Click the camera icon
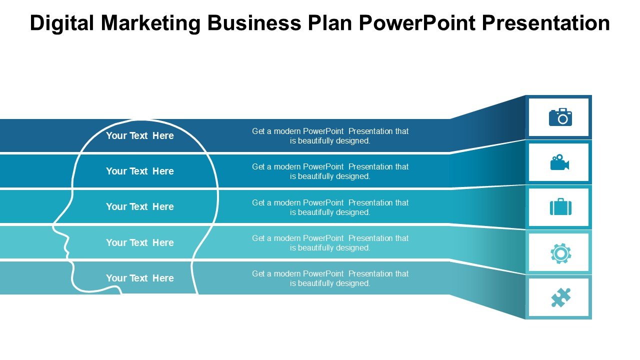coord(560,117)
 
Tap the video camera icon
coord(559,162)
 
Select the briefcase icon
coord(560,206)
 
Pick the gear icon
coord(560,253)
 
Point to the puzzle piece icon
coord(560,297)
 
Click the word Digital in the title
coord(61,23)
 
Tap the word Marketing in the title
coord(150,23)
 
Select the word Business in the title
coord(254,23)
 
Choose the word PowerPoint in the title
coord(417,23)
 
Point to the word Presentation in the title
coord(546,23)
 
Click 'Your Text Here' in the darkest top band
coord(140,135)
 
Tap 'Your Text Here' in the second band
coord(140,171)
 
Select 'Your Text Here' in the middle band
coord(140,206)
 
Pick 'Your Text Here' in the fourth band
coord(140,242)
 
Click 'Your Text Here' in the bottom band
coord(140,278)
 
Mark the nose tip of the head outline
coord(53,227)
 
